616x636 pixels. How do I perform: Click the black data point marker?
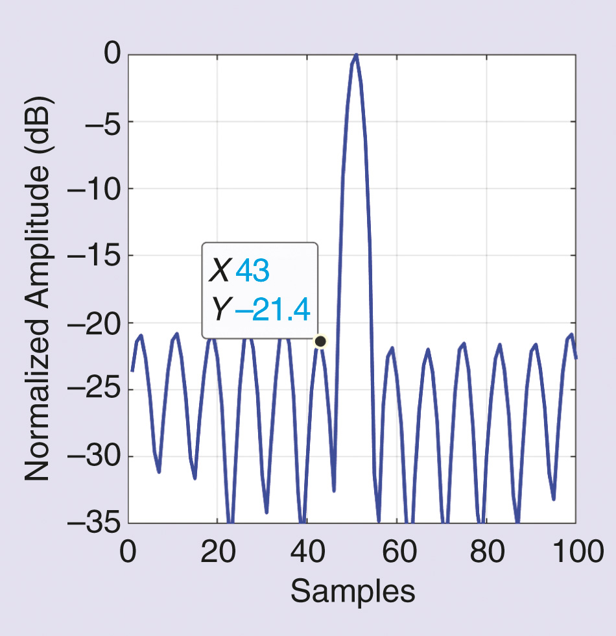click(x=320, y=341)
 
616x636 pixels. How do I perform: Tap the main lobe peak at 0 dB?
click(x=356, y=56)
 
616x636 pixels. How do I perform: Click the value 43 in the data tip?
click(x=252, y=272)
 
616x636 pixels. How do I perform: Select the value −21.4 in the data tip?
click(x=272, y=312)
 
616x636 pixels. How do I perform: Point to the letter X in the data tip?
click(x=219, y=272)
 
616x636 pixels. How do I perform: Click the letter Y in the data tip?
click(x=219, y=312)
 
